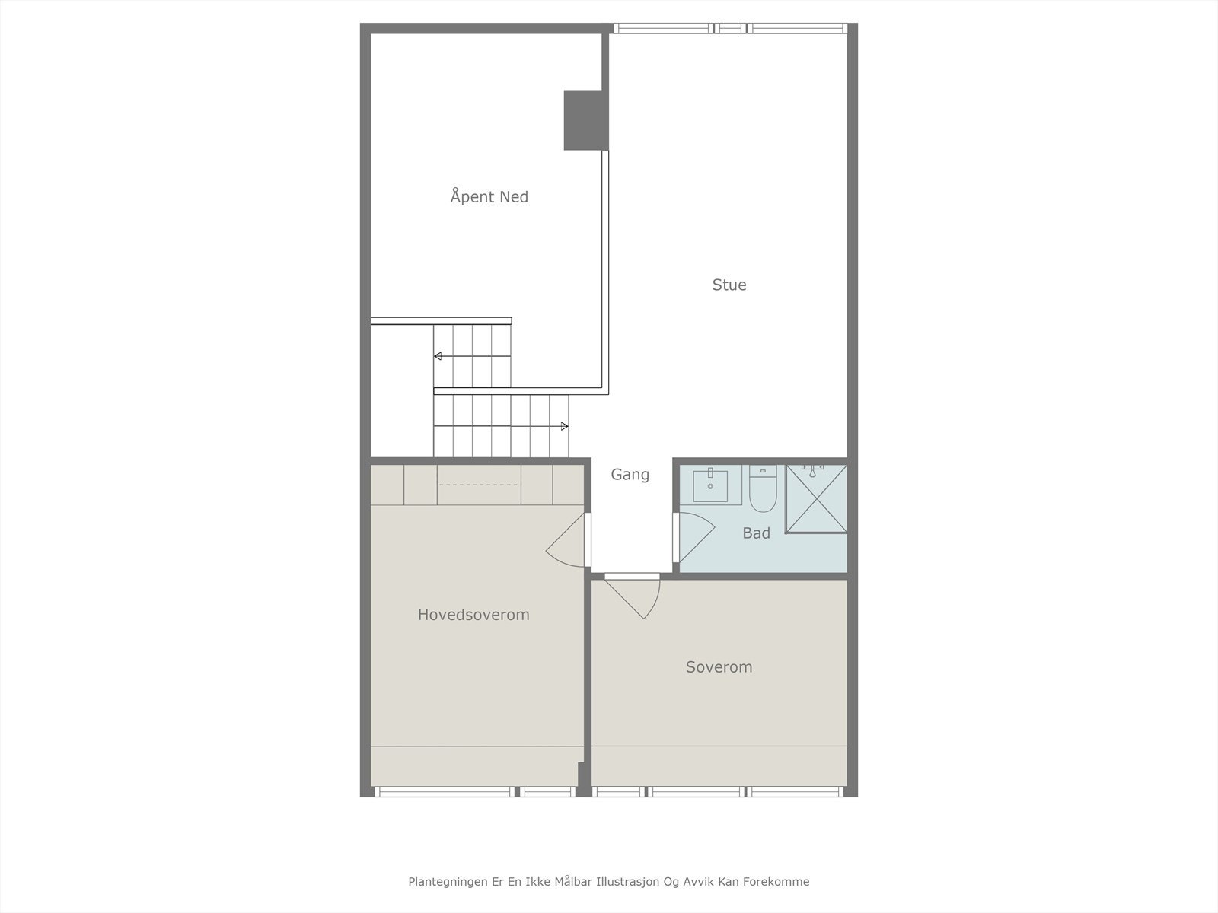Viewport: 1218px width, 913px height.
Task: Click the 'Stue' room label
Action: click(x=729, y=285)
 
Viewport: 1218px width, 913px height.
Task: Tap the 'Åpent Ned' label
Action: click(x=489, y=196)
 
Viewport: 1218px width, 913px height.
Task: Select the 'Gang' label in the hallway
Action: click(x=630, y=475)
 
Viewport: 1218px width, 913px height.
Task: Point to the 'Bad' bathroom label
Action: click(x=756, y=533)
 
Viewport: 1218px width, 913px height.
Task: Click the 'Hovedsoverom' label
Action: click(x=473, y=615)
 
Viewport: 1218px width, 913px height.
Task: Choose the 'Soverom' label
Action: click(x=719, y=667)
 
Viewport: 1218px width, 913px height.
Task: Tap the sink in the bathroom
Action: click(x=710, y=485)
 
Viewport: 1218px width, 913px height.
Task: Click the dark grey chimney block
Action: click(x=585, y=120)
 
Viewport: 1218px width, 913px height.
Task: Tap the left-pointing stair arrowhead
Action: click(x=438, y=356)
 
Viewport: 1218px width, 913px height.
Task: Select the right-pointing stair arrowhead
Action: click(x=564, y=426)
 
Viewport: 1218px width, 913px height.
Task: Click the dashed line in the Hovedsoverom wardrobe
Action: click(x=479, y=485)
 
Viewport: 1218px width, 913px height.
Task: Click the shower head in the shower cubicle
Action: click(x=813, y=469)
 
